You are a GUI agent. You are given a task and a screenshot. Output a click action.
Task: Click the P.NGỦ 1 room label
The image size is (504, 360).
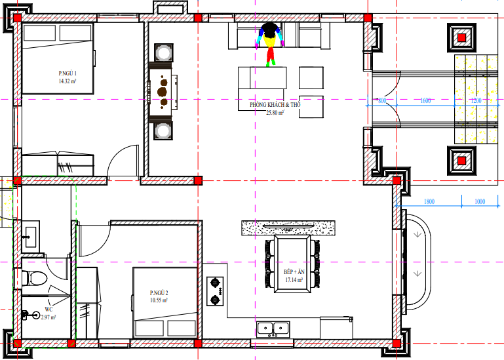68,73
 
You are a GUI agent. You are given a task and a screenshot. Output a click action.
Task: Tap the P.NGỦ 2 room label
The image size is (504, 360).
159,292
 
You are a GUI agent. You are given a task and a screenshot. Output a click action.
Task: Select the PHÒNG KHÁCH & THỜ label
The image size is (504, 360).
275,104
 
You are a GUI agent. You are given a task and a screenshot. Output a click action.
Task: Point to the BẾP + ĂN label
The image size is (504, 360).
294,272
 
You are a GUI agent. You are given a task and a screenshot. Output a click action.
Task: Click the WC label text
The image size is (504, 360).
48,310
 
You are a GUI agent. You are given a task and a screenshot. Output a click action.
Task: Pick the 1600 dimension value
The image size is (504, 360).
425,100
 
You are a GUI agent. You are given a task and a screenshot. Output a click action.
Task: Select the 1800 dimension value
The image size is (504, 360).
429,201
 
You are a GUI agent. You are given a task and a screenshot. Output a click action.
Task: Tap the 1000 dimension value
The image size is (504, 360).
480,201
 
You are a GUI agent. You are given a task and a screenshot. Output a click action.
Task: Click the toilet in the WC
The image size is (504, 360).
35,278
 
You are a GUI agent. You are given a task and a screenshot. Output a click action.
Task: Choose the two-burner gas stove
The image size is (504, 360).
215,291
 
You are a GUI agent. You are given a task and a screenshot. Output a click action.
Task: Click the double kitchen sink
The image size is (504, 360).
273,329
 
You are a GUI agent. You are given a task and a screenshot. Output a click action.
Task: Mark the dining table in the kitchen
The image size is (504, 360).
292,264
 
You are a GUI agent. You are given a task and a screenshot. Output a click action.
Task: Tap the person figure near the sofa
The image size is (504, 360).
269,44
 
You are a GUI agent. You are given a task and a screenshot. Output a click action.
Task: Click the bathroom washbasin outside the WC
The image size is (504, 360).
31,237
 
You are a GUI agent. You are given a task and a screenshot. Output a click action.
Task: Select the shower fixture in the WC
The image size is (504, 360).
31,315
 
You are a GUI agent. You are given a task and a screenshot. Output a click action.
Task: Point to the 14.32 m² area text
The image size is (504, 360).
68,81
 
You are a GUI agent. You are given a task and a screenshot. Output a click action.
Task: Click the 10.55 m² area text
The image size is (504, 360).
159,300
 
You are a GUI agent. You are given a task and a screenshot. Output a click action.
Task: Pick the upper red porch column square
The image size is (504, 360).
461,37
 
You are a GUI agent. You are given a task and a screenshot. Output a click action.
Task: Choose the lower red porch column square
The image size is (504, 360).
461,161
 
